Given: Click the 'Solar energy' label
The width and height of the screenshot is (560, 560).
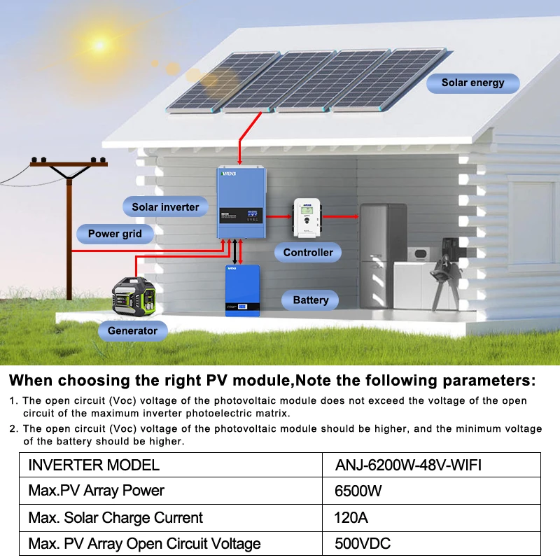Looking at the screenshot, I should point(472,83).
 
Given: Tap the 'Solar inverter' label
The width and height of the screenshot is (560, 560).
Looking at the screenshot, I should point(165,206).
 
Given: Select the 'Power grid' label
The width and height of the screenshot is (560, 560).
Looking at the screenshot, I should point(115,234).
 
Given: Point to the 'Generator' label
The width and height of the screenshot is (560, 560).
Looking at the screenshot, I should point(132,330).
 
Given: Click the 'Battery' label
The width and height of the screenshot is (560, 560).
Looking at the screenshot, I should point(310,300).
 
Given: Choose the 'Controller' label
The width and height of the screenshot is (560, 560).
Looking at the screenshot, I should point(308,252).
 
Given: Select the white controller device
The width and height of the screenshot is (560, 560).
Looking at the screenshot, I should point(307,216).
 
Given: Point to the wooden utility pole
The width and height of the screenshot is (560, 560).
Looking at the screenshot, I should point(69,224).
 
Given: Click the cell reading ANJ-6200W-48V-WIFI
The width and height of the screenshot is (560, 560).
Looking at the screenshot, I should point(409,465).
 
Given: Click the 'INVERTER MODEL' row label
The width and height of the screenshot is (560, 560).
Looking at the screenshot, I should point(94,465).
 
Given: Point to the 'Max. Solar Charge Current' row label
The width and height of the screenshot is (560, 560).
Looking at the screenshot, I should point(115,518).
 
